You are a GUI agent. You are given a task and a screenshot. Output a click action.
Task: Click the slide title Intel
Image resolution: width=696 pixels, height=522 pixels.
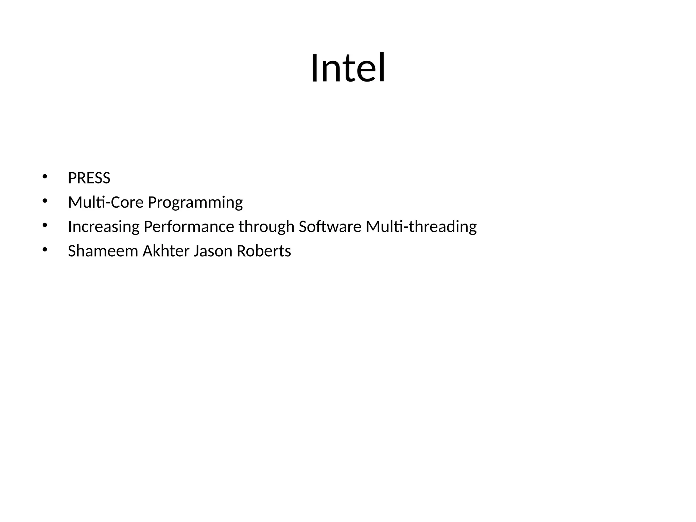coord(348,68)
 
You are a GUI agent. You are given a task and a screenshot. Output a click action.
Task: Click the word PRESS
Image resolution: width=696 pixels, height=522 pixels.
coord(89,178)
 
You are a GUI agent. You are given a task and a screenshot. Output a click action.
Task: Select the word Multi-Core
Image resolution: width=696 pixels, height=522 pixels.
coord(106,203)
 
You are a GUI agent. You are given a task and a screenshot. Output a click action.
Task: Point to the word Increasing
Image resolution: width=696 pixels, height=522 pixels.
coord(104,227)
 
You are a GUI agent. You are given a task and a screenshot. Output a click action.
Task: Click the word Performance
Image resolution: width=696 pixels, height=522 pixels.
coord(189,227)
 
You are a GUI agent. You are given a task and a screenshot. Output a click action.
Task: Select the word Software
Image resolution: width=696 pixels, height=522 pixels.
coord(330,227)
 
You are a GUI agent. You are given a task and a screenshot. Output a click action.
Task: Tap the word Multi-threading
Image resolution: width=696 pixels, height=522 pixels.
coord(421,227)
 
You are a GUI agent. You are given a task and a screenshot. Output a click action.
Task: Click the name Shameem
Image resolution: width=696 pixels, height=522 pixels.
coord(103,251)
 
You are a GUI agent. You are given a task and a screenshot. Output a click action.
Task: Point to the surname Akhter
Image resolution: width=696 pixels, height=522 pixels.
coord(166,251)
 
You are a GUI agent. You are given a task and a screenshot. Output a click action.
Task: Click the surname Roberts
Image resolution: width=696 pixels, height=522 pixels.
coord(264,251)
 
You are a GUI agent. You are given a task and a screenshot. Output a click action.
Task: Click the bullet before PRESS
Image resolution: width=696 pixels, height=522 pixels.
coord(45,176)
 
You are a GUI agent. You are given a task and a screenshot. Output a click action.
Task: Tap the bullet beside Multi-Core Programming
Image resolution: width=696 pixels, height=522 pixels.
coord(45,201)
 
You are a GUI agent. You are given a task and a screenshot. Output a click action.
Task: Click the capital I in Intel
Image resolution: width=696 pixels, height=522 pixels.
coord(314,68)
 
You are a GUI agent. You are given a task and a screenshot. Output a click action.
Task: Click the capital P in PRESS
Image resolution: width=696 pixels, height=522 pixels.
coord(72,178)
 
